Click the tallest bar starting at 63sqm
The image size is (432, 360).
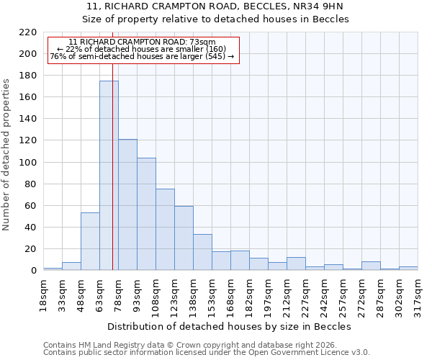(x=109, y=176)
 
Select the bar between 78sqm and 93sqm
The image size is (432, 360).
(x=127, y=204)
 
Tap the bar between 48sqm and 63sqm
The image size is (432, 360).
(x=90, y=241)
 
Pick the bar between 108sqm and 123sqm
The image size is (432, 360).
(x=165, y=230)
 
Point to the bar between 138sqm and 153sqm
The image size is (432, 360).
(x=202, y=252)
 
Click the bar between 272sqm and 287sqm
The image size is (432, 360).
(x=371, y=266)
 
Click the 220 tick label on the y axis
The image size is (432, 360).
(x=27, y=32)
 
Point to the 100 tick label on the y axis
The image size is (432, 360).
(x=27, y=163)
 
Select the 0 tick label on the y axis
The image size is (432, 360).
(x=33, y=271)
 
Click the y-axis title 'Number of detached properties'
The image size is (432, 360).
(x=7, y=155)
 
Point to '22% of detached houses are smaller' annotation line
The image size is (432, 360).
(x=142, y=49)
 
